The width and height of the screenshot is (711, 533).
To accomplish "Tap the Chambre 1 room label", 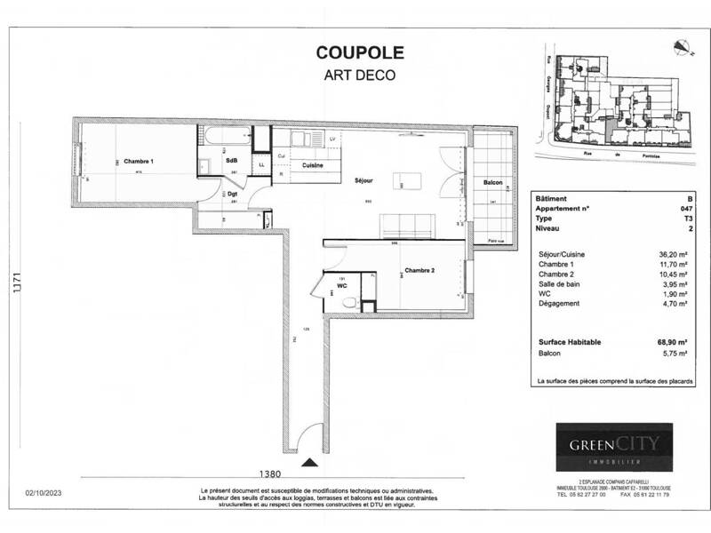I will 140,161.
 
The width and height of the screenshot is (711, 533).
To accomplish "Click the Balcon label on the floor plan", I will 493,183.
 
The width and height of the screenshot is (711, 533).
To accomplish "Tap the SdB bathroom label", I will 231,160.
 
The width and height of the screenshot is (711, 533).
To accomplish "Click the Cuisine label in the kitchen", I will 311,166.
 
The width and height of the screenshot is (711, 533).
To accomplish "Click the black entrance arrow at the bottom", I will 308,462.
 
